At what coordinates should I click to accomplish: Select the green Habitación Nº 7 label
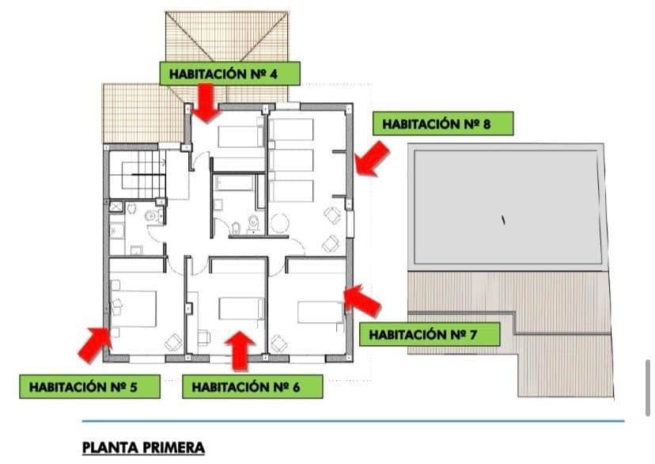434,334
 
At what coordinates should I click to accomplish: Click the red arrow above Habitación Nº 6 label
240,350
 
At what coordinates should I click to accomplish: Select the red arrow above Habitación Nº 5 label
94,342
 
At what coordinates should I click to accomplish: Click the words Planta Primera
143,447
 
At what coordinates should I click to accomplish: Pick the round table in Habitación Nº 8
280,224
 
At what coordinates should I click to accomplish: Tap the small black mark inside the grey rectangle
503,220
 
